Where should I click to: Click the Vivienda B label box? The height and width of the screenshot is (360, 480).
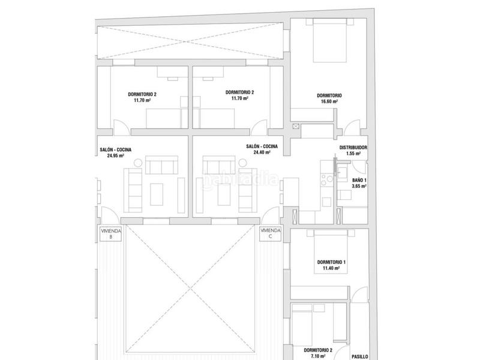point(111,234)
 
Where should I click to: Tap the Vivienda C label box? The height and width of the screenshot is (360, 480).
point(271,234)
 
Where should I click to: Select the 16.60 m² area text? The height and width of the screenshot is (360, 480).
point(329,101)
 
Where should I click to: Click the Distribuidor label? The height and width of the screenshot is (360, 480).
point(353,148)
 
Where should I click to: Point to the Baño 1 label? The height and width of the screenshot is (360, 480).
point(359,181)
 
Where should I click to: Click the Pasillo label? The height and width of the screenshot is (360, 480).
point(359,356)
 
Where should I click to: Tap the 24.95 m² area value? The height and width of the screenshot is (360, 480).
point(115,155)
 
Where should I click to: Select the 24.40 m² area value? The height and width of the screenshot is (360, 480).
point(262,152)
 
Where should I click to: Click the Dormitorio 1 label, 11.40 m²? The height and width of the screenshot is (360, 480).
point(331,265)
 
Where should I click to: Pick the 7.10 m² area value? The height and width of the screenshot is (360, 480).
point(318,356)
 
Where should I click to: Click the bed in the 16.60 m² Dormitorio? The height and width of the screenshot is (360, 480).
point(329,40)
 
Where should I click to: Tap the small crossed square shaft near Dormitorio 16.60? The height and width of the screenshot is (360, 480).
point(296,126)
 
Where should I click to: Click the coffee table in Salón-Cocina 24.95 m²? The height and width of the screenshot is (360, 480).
point(157,194)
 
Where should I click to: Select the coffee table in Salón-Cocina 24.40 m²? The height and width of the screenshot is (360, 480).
point(224,194)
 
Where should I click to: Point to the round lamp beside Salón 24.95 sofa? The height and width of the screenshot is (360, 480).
point(138,163)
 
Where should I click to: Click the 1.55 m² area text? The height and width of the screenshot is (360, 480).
point(353,154)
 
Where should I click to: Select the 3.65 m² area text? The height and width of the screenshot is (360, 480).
point(359,186)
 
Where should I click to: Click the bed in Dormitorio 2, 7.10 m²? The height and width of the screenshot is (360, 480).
point(302,328)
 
